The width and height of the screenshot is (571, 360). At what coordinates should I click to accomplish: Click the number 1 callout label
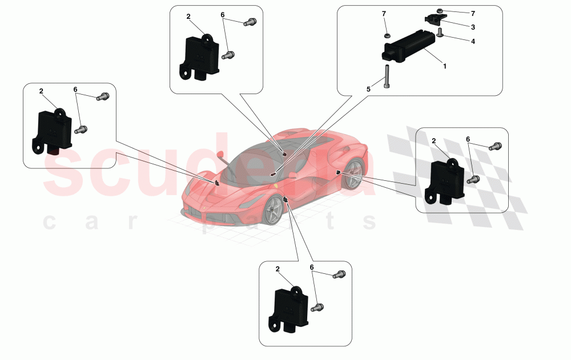[445, 66]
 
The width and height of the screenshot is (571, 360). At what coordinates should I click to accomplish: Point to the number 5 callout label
[368, 90]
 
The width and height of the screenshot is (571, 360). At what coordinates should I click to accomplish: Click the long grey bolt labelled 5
[386, 75]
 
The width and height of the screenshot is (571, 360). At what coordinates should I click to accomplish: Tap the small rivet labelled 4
[440, 35]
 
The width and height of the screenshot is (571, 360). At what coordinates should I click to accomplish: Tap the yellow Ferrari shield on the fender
[276, 186]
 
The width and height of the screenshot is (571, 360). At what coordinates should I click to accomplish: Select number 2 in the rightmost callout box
[434, 141]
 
